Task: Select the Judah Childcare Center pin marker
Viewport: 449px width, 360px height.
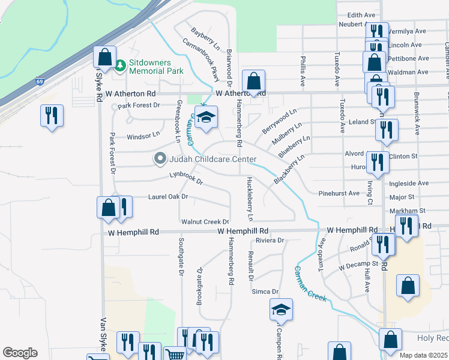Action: pos(160,159)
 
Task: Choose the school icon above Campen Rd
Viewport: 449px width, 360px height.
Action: pos(281,310)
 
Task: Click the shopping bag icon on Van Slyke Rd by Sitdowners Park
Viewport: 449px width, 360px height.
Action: pos(105,58)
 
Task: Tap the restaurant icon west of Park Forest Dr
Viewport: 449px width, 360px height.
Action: pos(51,115)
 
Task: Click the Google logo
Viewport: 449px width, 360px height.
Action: pos(20,353)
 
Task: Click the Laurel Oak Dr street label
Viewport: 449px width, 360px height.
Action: pos(167,197)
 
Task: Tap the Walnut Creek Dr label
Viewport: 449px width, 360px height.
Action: pos(205,222)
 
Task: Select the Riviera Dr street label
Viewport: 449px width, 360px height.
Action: pos(269,240)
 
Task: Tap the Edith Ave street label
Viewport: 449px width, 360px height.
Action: pos(361,14)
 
